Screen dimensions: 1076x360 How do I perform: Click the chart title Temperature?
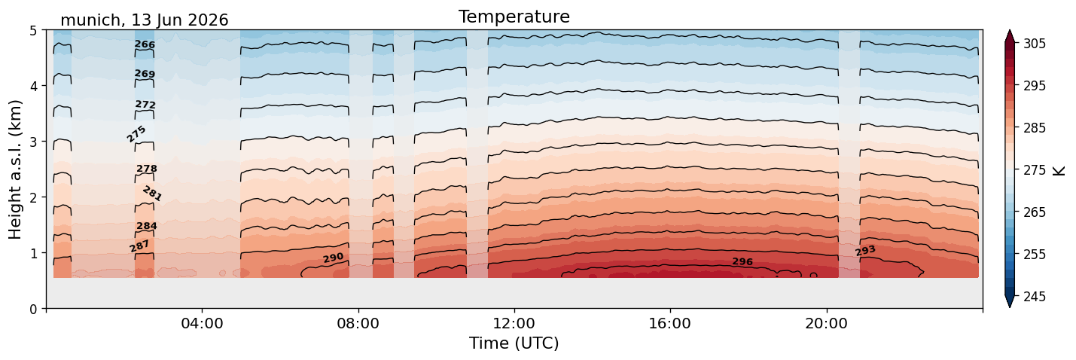pyautogui.click(x=514, y=17)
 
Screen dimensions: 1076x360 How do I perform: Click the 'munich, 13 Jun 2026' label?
pyautogui.click(x=144, y=20)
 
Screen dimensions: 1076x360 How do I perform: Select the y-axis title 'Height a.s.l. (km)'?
pyautogui.click(x=15, y=169)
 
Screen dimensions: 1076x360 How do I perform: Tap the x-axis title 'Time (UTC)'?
pyautogui.click(x=514, y=343)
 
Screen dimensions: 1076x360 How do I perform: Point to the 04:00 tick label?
pyautogui.click(x=203, y=323)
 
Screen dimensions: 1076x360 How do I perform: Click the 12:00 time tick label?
pyautogui.click(x=514, y=323)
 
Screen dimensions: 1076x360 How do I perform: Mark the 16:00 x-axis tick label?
pyautogui.click(x=670, y=323)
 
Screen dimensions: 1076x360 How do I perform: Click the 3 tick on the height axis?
pyautogui.click(x=33, y=142)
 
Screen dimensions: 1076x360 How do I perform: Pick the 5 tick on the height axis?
pyautogui.click(x=33, y=31)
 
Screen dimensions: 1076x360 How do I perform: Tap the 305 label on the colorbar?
pyautogui.click(x=1034, y=44)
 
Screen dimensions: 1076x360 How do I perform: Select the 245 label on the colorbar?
pyautogui.click(x=1034, y=297)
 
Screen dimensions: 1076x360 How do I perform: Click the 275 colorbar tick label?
pyautogui.click(x=1034, y=170)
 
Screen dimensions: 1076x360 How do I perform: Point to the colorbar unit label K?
pyautogui.click(x=1059, y=171)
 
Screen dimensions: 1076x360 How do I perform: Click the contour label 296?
pyautogui.click(x=742, y=261)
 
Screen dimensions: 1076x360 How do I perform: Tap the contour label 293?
pyautogui.click(x=865, y=250)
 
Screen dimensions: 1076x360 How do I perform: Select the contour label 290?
pyautogui.click(x=333, y=258)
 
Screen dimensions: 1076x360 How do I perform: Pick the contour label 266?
pyautogui.click(x=145, y=44)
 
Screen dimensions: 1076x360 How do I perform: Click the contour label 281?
pyautogui.click(x=152, y=194)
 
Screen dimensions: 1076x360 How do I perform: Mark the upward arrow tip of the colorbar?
pyautogui.click(x=1010, y=30)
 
